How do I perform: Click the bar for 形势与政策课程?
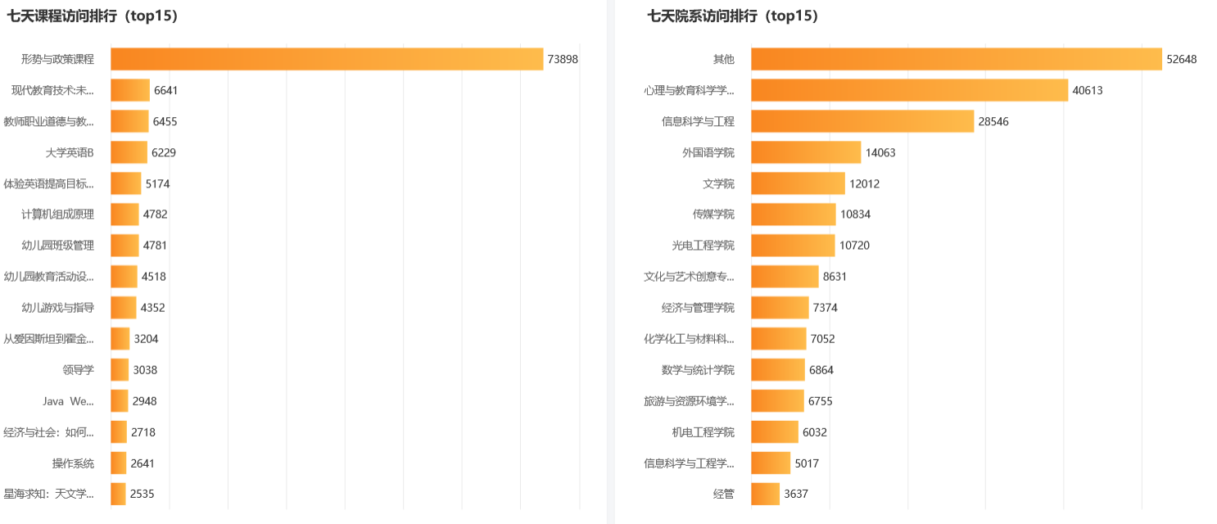[x=327, y=59]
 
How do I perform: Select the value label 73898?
[x=563, y=59]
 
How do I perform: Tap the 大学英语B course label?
[x=70, y=152]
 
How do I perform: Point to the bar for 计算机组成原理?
[x=124, y=215]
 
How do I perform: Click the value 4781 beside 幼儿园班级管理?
[x=156, y=246]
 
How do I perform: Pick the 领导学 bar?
[x=120, y=370]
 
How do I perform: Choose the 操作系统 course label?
[x=73, y=463]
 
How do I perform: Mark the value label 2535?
[x=142, y=495]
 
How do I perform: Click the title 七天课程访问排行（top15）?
[x=93, y=16]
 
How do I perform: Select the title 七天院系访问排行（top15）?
[x=733, y=16]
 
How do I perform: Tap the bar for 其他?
[x=956, y=59]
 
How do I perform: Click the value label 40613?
[x=1088, y=90]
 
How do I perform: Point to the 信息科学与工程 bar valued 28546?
[x=862, y=121]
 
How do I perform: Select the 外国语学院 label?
[x=708, y=152]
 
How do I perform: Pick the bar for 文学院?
[x=798, y=183]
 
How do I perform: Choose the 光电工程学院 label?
[x=703, y=246]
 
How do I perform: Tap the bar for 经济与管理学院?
[x=780, y=308]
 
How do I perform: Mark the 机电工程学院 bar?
[x=774, y=432]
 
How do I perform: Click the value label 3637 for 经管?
[x=795, y=495]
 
